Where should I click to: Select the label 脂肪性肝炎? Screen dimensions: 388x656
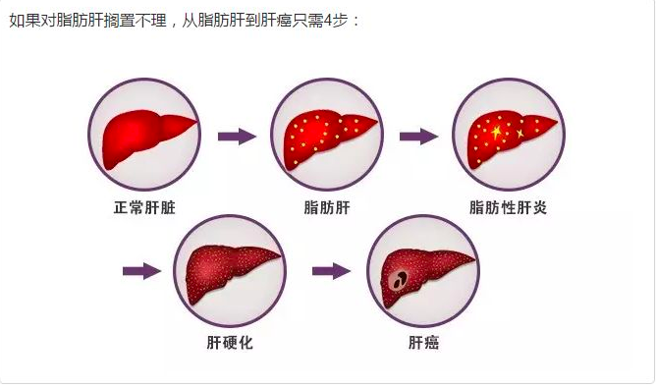(x=508, y=208)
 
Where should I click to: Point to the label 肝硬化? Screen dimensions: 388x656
(x=230, y=343)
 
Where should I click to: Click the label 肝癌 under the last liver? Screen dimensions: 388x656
(x=423, y=343)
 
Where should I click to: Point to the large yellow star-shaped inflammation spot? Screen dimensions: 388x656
(x=496, y=132)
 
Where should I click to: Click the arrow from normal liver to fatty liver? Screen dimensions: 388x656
(x=236, y=137)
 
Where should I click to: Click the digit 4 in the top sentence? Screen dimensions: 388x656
(x=326, y=20)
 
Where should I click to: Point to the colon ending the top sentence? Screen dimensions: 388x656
(x=357, y=21)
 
